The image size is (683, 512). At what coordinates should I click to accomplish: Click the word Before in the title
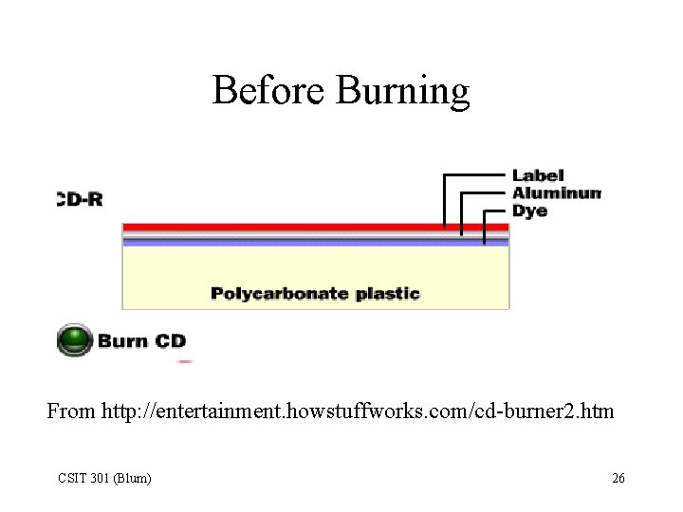[x=269, y=91]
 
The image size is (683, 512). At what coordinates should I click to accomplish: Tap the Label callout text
[x=538, y=175]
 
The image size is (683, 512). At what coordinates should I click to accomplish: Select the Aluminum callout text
[x=556, y=192]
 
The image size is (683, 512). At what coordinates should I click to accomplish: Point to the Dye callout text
[x=529, y=210]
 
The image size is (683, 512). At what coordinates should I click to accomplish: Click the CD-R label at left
[x=80, y=199]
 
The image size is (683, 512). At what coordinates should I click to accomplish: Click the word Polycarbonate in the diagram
[x=280, y=293]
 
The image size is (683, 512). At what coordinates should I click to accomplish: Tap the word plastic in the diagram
[x=387, y=293]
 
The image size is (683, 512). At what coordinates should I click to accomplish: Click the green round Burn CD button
[x=74, y=340]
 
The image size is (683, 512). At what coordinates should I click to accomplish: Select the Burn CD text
[x=142, y=341]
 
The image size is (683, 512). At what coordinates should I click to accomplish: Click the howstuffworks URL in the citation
[x=358, y=411]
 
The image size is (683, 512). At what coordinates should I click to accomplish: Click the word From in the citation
[x=71, y=411]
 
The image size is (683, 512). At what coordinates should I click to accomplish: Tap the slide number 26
[x=618, y=478]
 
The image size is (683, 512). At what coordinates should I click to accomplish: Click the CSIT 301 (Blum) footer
[x=104, y=478]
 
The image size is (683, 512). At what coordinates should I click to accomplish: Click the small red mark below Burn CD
[x=185, y=361]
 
